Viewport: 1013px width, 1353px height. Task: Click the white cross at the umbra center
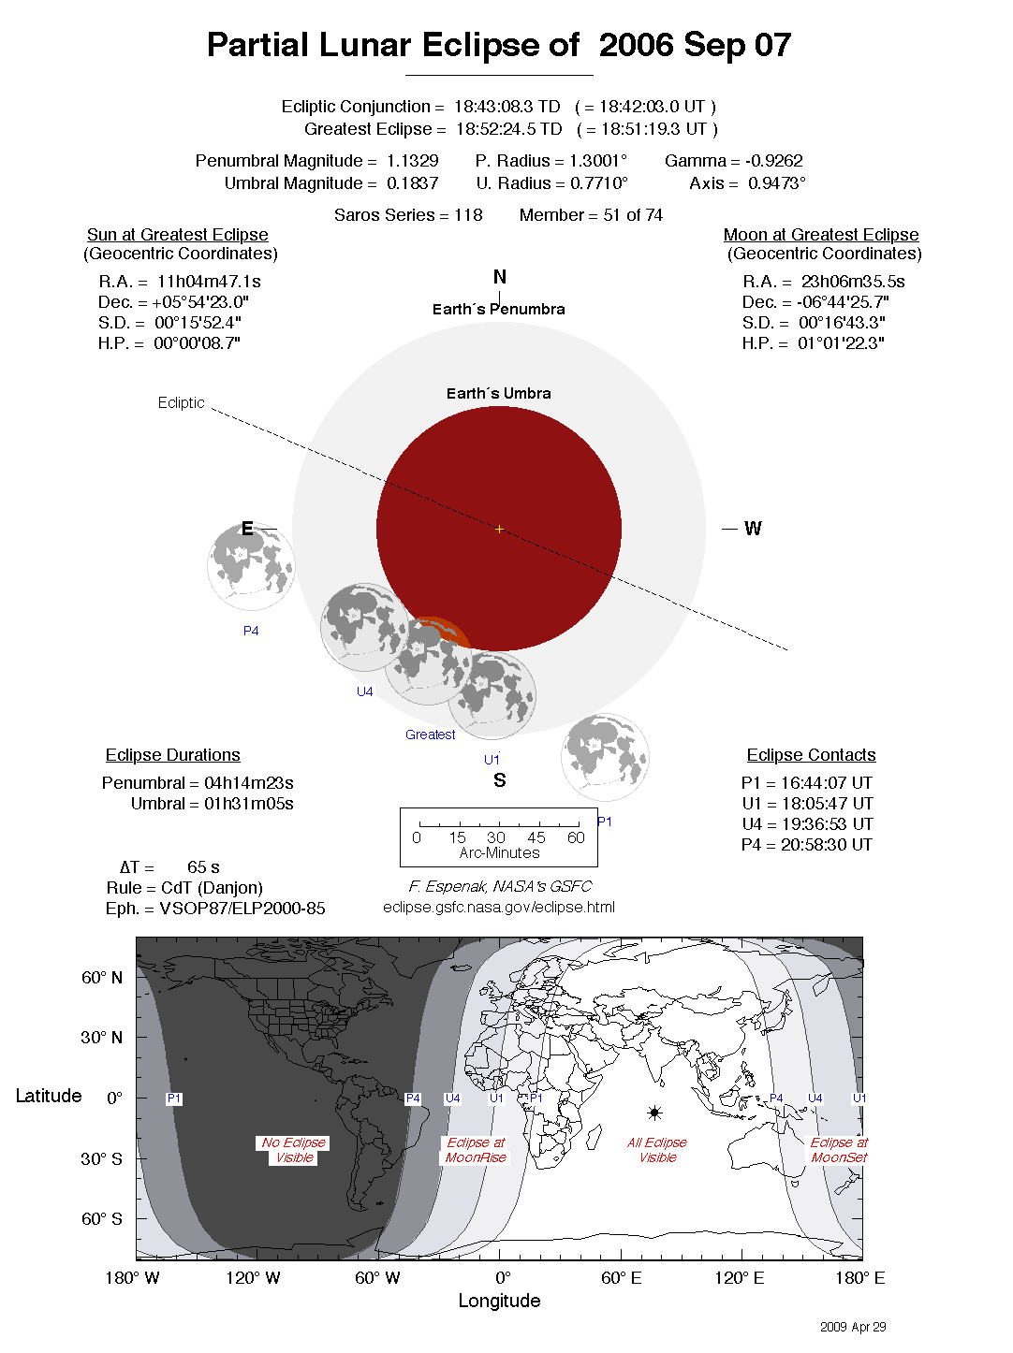click(x=499, y=530)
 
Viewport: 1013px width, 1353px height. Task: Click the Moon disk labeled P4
click(x=251, y=567)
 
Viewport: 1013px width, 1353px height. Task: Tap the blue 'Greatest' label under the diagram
click(x=430, y=735)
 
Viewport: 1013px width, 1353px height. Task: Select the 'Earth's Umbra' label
click(x=498, y=394)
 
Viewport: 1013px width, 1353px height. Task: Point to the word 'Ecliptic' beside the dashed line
click(x=181, y=402)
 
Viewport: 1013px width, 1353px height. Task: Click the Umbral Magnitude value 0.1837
click(x=412, y=183)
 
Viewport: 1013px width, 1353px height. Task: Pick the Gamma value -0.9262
click(x=773, y=161)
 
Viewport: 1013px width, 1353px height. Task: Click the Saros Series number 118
click(x=468, y=215)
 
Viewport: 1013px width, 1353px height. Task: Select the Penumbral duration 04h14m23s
click(x=248, y=783)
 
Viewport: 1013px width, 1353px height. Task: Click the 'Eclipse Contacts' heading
click(x=811, y=755)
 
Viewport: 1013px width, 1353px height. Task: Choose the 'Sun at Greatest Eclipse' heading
click(x=177, y=235)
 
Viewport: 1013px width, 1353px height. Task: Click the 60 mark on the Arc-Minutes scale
click(x=576, y=837)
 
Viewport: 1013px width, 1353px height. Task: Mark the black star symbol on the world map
click(x=654, y=1113)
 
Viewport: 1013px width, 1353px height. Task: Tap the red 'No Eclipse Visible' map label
click(x=294, y=1150)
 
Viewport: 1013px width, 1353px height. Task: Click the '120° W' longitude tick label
click(x=253, y=1278)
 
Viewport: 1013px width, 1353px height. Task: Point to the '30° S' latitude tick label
click(x=101, y=1158)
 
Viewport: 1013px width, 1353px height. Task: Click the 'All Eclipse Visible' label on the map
click(x=657, y=1150)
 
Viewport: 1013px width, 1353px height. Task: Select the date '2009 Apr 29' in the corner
click(x=852, y=1327)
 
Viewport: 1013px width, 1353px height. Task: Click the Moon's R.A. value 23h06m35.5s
click(x=852, y=282)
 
